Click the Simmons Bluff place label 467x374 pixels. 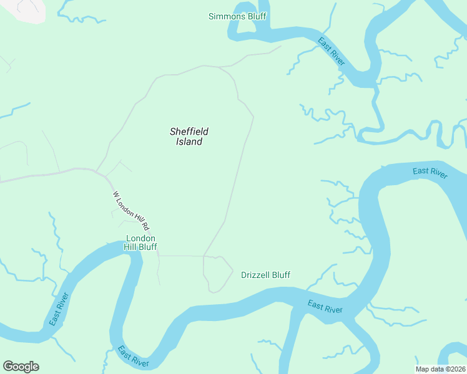237,16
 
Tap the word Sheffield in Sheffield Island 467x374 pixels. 189,132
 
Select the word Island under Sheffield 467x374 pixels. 189,142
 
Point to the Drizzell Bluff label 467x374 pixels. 265,275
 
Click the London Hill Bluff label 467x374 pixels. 140,242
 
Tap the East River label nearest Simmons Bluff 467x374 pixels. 331,52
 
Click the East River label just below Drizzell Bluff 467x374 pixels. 325,307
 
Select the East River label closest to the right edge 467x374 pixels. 430,173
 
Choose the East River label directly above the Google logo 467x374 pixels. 59,309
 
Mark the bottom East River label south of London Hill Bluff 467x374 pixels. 133,357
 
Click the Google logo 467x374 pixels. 21,367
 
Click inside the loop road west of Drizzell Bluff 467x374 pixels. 216,273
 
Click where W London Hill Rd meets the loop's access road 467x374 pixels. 158,255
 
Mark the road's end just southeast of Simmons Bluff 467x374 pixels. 280,46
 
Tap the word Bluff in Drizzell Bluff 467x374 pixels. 280,275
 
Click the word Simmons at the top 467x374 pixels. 227,16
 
